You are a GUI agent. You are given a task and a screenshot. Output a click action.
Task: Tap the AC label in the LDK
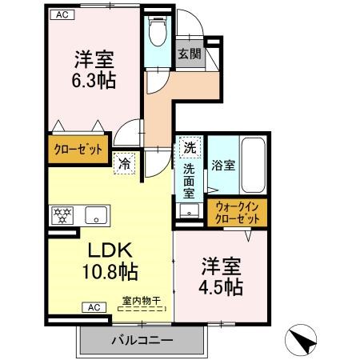pos(93,307)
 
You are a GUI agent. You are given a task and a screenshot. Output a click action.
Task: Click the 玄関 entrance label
pos(190,54)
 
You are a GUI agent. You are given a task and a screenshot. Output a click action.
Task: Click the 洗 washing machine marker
pos(190,148)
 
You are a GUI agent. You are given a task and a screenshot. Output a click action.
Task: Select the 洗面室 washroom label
pos(190,182)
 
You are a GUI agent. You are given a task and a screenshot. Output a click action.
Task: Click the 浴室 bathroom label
pos(223,166)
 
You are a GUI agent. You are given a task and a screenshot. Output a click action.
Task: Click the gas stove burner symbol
pos(62,214)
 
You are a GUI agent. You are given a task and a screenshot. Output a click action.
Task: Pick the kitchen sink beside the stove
pos(95,214)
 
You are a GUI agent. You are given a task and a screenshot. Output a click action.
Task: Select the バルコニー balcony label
pos(141,340)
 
